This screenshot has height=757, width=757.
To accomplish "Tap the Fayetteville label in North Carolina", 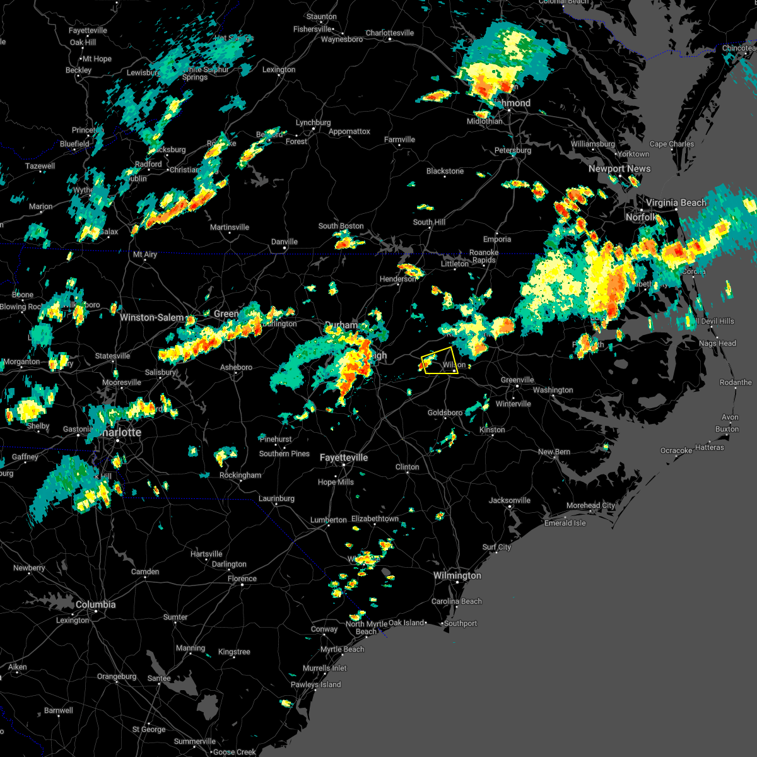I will click(343, 457).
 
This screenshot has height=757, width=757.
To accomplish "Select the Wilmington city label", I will click(457, 575).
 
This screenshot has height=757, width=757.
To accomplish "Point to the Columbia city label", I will click(95, 604).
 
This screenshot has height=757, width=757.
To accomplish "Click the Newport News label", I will click(619, 168).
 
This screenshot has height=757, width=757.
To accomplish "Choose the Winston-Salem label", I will click(152, 317).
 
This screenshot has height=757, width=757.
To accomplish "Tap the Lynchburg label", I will click(313, 122).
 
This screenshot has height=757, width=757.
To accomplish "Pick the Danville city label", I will click(284, 242).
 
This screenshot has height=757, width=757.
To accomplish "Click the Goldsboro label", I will click(445, 413).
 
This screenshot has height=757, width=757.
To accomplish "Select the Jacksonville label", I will click(509, 500).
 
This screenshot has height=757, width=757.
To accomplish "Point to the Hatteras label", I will click(709, 447).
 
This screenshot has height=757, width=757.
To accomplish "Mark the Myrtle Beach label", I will click(342, 649).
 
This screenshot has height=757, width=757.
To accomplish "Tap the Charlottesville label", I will click(389, 33).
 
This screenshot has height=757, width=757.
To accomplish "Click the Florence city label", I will click(242, 578).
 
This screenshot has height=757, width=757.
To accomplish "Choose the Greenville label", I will click(517, 380).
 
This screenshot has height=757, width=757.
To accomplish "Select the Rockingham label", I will click(240, 475).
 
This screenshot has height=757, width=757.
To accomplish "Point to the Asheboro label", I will click(236, 367).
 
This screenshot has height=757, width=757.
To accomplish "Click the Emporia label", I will click(496, 239).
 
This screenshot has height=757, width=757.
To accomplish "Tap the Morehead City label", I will click(590, 505).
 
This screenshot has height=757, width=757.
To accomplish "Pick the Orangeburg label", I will click(117, 676).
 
